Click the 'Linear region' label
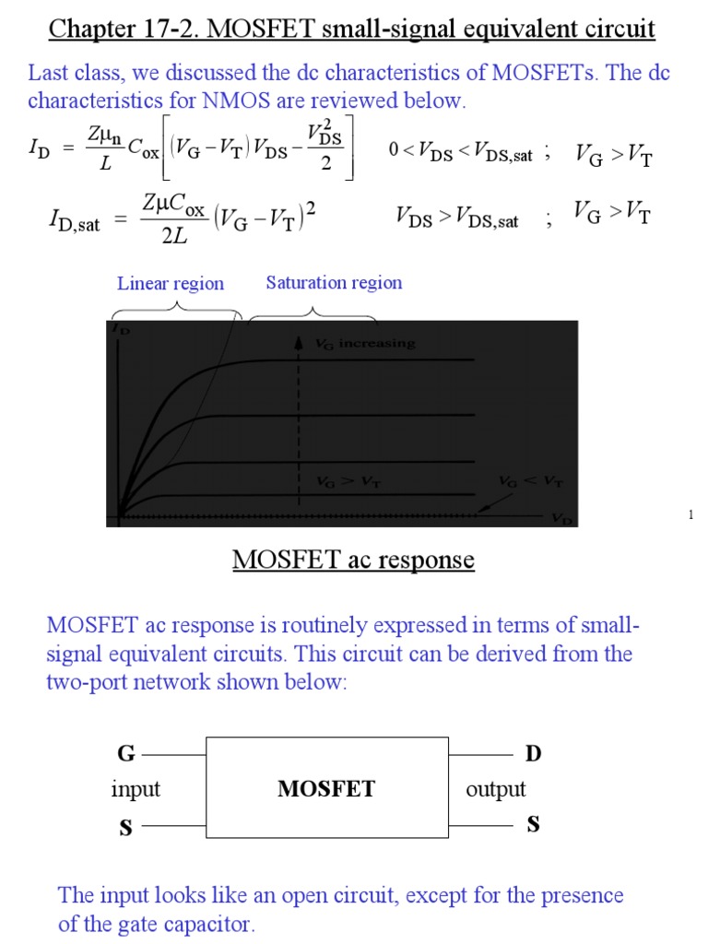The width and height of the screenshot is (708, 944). (171, 284)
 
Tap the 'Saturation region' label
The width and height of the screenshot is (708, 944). (334, 283)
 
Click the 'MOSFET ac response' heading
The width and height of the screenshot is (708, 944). (353, 560)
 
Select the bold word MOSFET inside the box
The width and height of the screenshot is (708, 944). (327, 789)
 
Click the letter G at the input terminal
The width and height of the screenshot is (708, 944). (125, 754)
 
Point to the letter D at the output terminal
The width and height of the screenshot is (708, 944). (533, 754)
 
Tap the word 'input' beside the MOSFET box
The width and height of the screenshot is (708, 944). (136, 789)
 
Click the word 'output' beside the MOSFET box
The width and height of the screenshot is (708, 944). (496, 789)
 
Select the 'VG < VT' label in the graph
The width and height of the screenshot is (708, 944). (531, 481)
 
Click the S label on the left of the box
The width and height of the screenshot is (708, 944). (125, 828)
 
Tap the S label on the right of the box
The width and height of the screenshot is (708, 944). (533, 824)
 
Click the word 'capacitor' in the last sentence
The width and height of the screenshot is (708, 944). (208, 924)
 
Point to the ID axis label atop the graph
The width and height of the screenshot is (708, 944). (120, 328)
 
